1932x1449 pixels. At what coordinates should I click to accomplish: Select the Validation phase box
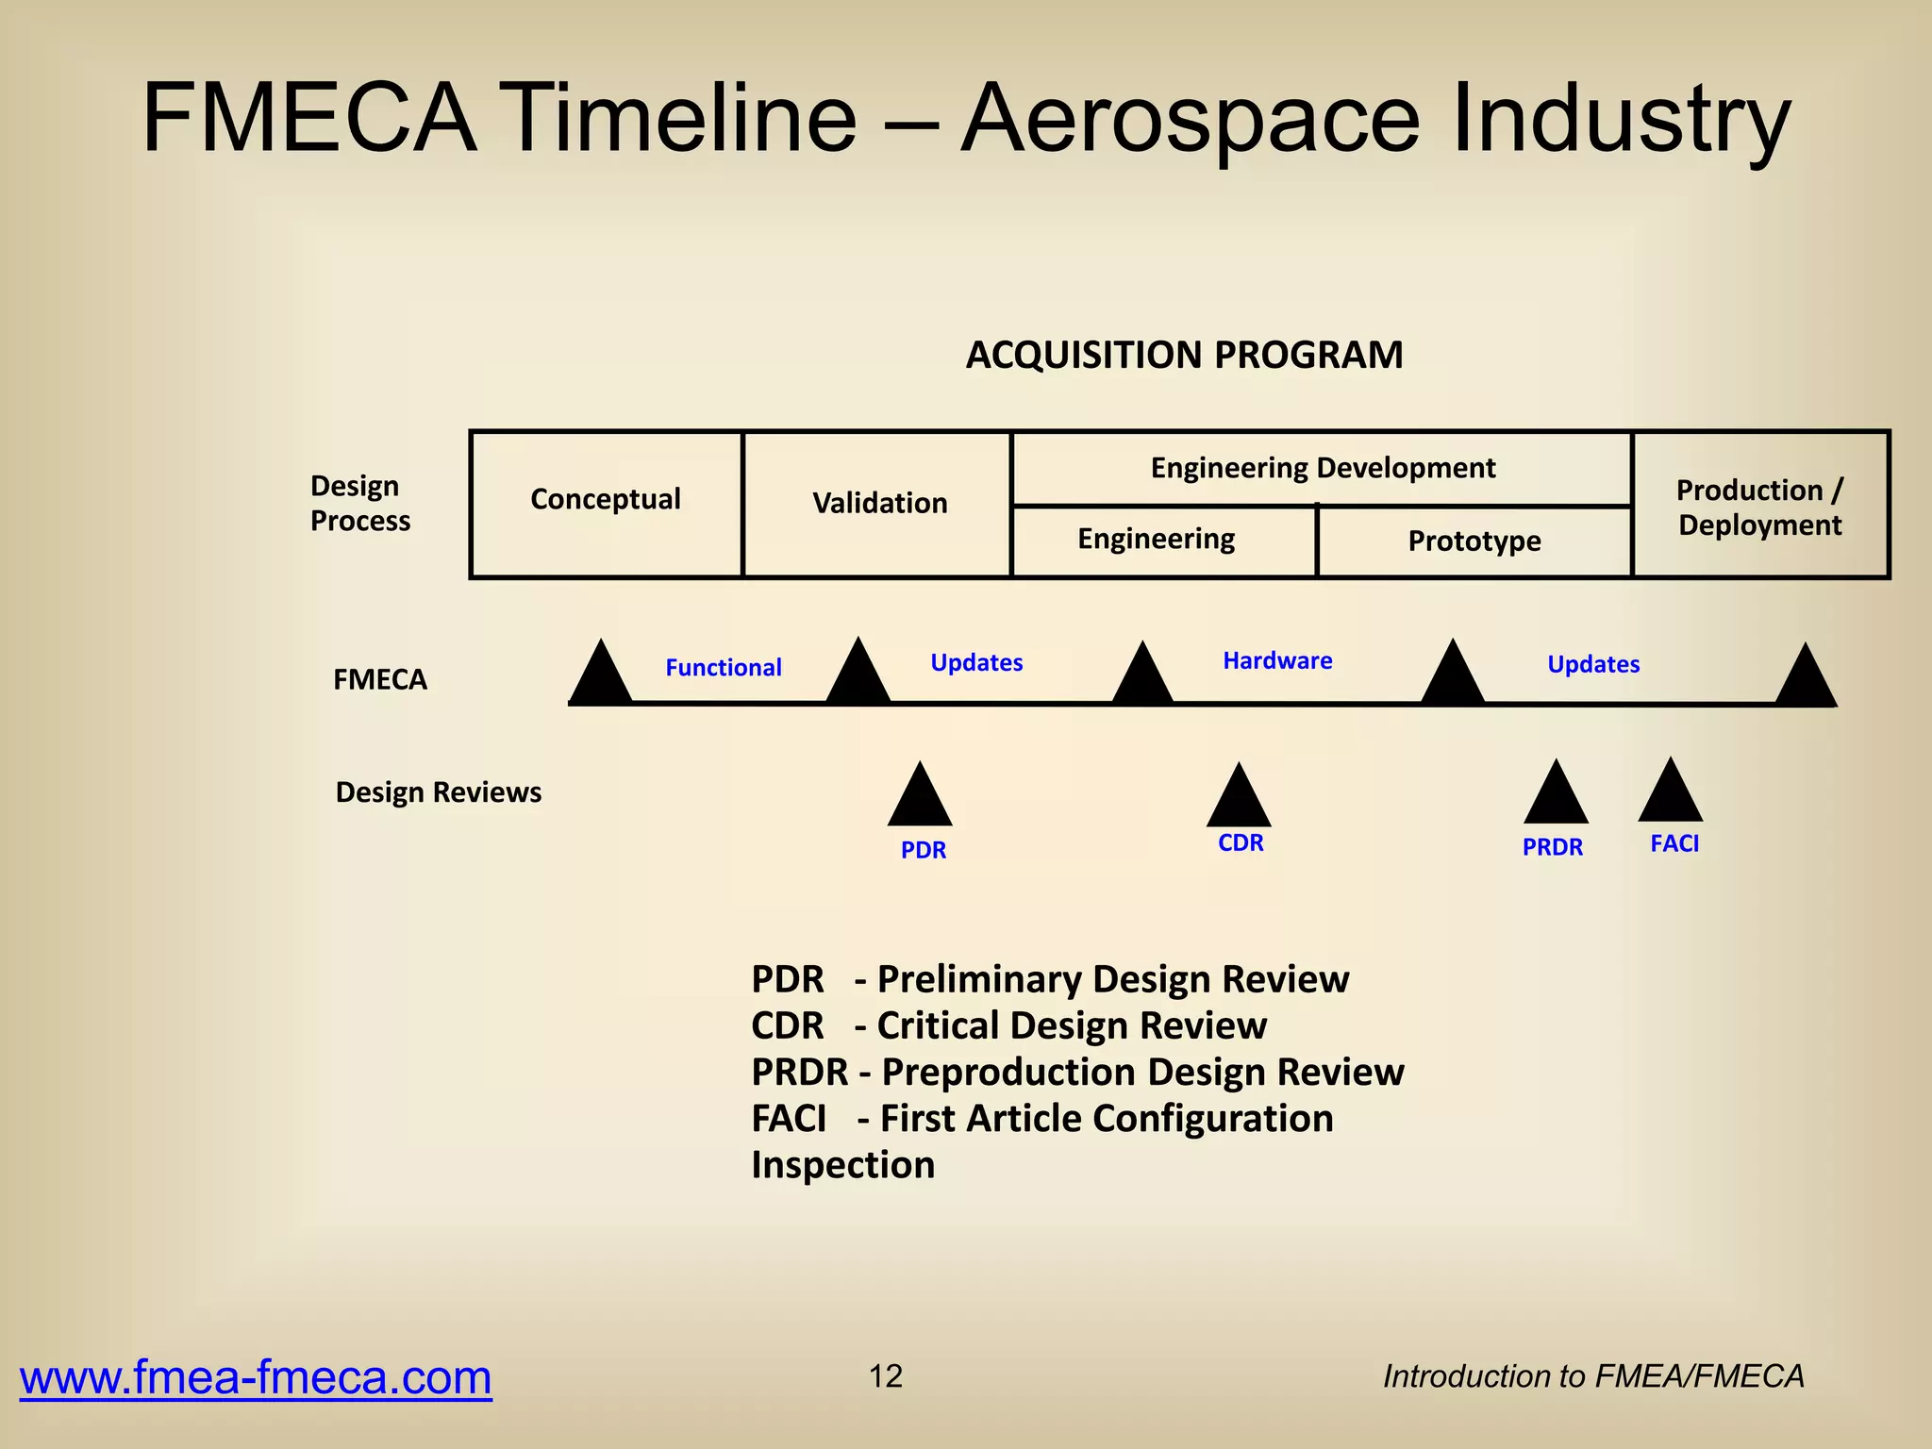pos(879,504)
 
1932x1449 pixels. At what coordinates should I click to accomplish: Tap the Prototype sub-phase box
pos(1474,541)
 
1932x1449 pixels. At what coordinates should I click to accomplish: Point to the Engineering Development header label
pos(1323,468)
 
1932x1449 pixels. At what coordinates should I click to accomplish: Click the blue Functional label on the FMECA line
pos(724,668)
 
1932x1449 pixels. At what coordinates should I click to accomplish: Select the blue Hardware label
pos(1277,661)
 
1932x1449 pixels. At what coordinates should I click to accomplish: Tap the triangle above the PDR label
pos(920,798)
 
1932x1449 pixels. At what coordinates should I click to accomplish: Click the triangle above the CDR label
pos(1239,798)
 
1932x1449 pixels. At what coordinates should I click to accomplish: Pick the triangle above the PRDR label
pos(1556,795)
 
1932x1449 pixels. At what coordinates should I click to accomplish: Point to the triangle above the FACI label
pos(1670,793)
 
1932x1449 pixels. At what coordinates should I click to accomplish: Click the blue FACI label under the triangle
pos(1674,843)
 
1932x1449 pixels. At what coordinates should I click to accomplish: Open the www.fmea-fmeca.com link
pos(256,1377)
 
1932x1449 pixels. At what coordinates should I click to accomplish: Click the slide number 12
pos(885,1376)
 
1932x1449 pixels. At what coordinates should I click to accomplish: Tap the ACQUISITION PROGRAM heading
pos(1184,356)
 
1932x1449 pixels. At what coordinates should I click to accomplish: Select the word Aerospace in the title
pos(1190,120)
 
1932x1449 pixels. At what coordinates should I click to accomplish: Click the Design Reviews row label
pos(439,792)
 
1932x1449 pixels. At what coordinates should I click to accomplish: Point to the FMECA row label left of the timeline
pos(380,679)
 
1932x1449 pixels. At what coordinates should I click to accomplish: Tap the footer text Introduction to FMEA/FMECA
pos(1593,1377)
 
